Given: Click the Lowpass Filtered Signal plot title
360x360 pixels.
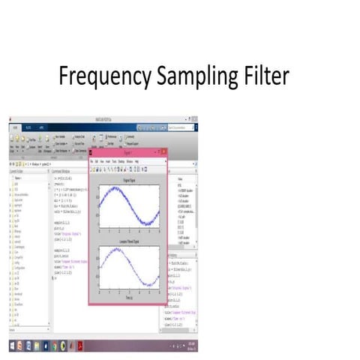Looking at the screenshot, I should pos(126,242).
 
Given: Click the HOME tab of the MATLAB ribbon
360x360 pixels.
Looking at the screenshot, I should pos(14,128).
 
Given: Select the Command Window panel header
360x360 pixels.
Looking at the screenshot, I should pos(71,169).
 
